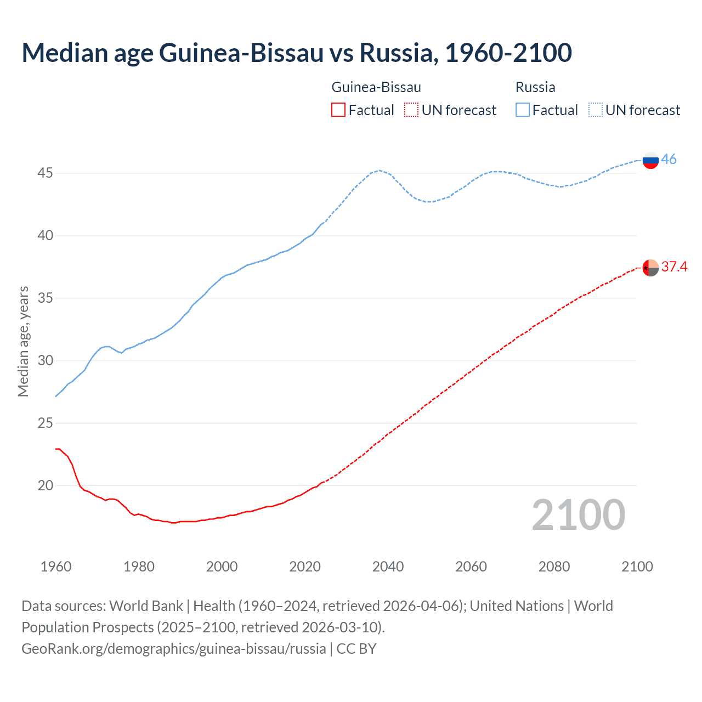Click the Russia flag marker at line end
pyautogui.click(x=650, y=160)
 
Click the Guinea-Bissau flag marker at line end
pyautogui.click(x=650, y=268)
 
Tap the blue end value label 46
pyautogui.click(x=669, y=160)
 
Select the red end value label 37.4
pyautogui.click(x=674, y=267)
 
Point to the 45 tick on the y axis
pyautogui.click(x=45, y=173)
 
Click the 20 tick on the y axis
pyautogui.click(x=45, y=486)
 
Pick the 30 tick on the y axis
pyautogui.click(x=45, y=361)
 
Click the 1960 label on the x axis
pyautogui.click(x=56, y=567)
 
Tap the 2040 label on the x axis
pyautogui.click(x=388, y=567)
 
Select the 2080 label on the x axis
pyautogui.click(x=554, y=567)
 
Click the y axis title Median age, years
pyautogui.click(x=23, y=341)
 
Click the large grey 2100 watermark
pyautogui.click(x=578, y=515)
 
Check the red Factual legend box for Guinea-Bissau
pyautogui.click(x=338, y=110)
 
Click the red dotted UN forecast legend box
pyautogui.click(x=411, y=110)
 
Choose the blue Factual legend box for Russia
pyautogui.click(x=523, y=110)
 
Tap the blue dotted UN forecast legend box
pyautogui.click(x=596, y=110)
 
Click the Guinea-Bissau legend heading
pyautogui.click(x=376, y=87)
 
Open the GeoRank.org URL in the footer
pyautogui.click(x=173, y=649)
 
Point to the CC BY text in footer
pyautogui.click(x=356, y=649)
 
